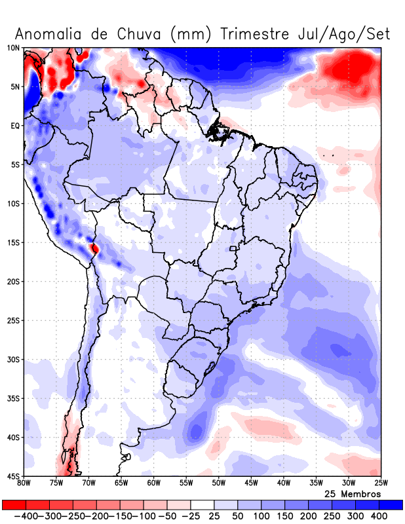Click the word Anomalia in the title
[x=51, y=34]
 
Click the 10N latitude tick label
[x=13, y=48]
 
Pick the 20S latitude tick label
[x=13, y=282]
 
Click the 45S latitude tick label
[x=13, y=476]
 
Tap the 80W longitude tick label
[x=24, y=484]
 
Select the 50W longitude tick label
[x=218, y=484]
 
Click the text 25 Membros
[x=353, y=494]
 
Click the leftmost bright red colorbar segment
[x=13, y=505]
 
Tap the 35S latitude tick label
[x=13, y=399]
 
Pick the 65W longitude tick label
[x=121, y=484]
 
